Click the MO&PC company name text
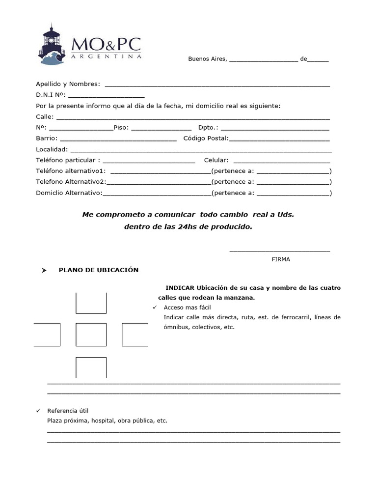tap(106, 45)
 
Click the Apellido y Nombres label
tap(68, 84)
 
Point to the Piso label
tap(121, 128)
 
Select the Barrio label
tap(47, 139)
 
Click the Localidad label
tap(52, 149)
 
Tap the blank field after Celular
tap(281, 160)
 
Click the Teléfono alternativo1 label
tap(71, 171)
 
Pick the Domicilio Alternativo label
tap(69, 193)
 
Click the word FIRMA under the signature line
tap(281, 259)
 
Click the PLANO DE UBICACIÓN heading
tap(99, 270)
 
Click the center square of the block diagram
tap(91, 335)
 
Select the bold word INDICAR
tap(180, 288)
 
